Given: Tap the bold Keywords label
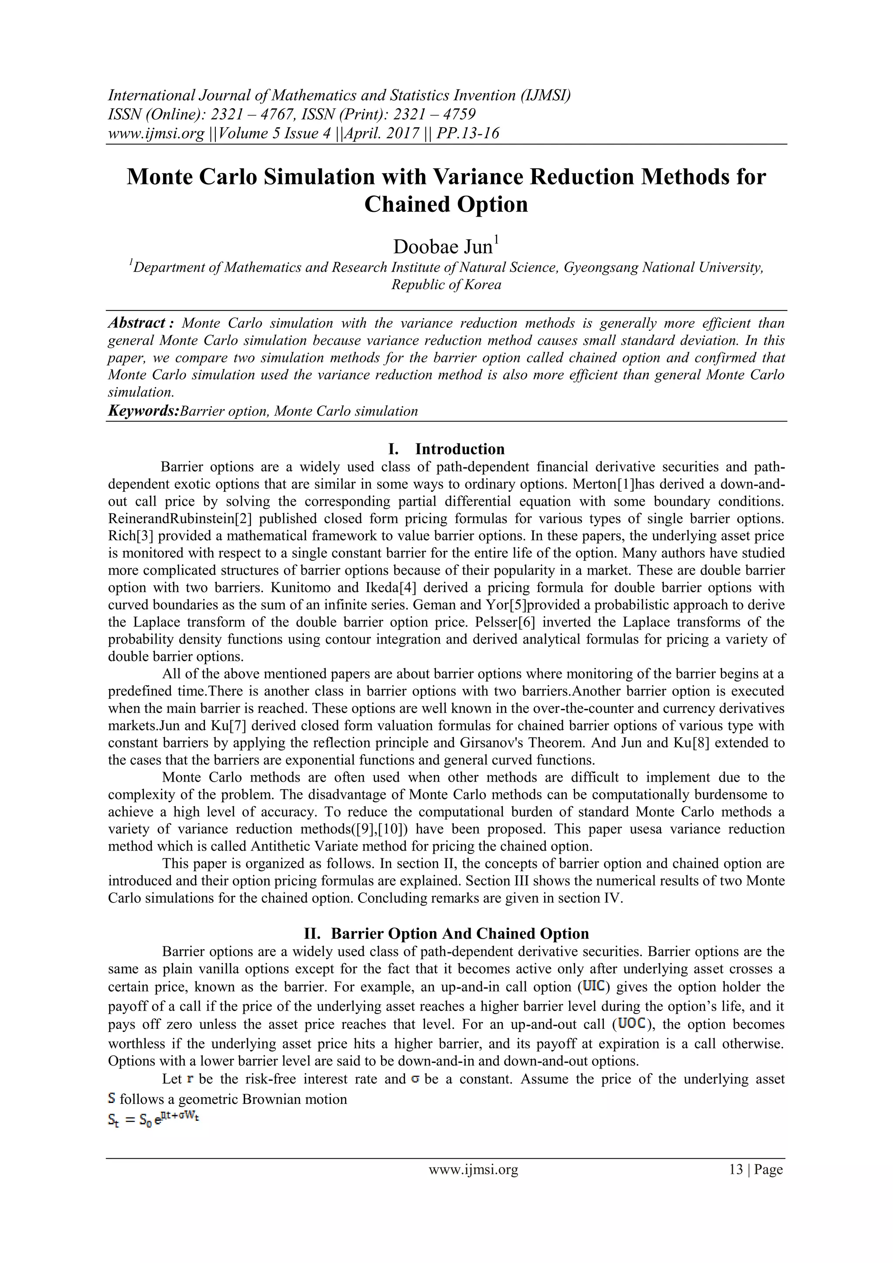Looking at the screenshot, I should [x=143, y=411].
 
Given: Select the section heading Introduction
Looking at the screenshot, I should [x=460, y=449].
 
